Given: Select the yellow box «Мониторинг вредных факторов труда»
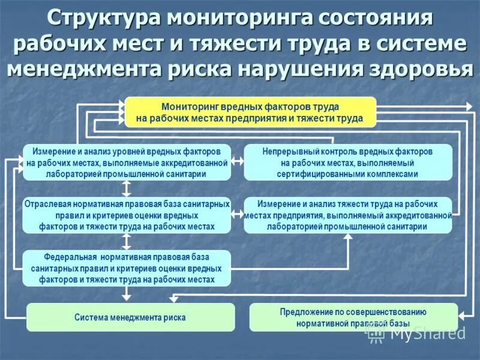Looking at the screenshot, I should coord(250,112).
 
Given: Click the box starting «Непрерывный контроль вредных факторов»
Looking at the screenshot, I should coord(347,163).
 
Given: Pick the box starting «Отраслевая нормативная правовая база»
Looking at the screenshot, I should coord(127,215).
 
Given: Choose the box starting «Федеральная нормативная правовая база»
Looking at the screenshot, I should coord(127,268).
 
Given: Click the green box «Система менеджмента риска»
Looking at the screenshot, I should coord(130,317).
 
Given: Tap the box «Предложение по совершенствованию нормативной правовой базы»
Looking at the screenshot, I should coord(353,317).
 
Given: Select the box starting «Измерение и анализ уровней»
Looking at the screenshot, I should coord(127,163).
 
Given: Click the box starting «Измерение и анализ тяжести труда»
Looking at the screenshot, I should coord(347,215).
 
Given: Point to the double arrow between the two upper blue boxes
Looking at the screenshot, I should coord(237,161).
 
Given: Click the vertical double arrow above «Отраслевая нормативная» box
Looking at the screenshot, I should coord(126,188).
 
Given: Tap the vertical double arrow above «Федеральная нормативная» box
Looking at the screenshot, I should coord(126,241).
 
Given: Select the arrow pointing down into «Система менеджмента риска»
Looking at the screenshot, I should coord(126,294).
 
